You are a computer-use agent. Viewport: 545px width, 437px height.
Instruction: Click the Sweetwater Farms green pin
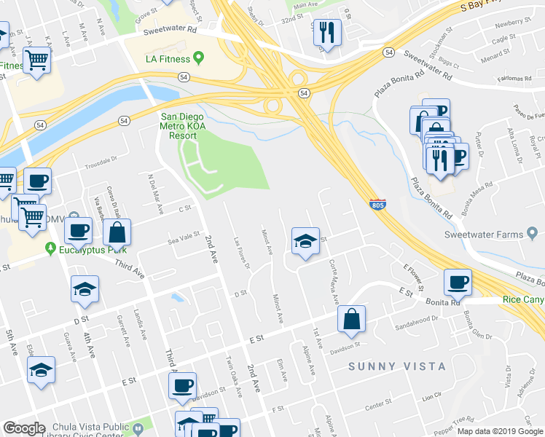point(533,234)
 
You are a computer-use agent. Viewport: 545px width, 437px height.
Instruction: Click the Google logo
point(24,428)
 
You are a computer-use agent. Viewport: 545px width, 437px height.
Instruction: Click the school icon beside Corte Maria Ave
point(306,241)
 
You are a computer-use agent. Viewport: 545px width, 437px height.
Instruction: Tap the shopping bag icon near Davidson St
point(351,318)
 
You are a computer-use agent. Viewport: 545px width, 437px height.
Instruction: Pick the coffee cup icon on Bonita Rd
point(458,283)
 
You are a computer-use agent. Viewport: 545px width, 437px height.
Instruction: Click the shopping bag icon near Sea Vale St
point(117,233)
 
